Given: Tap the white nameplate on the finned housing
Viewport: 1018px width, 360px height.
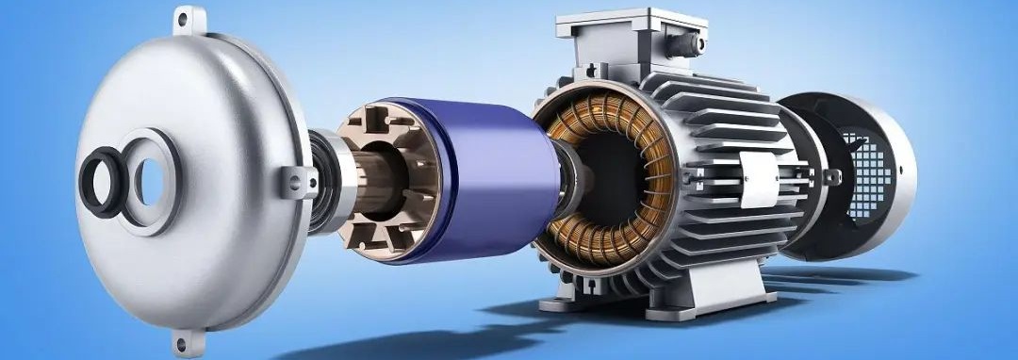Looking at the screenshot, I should [x=759, y=179].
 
